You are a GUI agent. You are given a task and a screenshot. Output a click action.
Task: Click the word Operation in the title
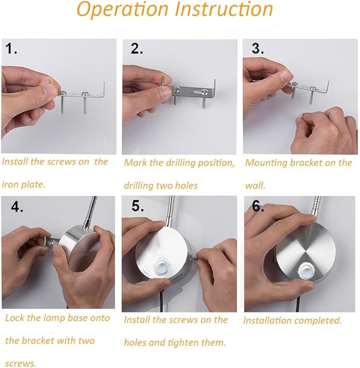(x=122, y=10)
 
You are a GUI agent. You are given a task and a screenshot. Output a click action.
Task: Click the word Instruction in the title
(x=224, y=9)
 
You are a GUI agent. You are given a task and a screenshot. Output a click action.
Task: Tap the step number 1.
(x=11, y=49)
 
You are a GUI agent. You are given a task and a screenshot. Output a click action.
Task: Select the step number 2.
(x=137, y=49)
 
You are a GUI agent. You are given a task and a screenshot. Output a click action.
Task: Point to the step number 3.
(x=257, y=49)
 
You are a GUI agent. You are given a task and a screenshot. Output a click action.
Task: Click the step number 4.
(x=17, y=207)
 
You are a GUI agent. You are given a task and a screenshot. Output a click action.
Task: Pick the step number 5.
(x=137, y=206)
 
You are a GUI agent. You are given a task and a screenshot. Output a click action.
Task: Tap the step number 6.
(x=258, y=207)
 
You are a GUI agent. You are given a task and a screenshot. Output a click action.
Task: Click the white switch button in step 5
(x=161, y=266)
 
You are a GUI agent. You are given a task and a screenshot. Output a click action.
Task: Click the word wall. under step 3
(x=255, y=186)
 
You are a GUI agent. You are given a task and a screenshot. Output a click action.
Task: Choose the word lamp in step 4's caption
(x=55, y=318)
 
